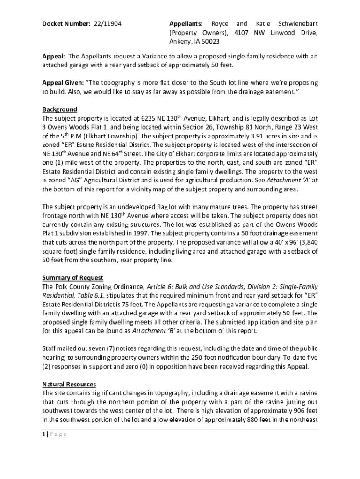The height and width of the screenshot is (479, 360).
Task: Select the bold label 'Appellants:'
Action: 186,23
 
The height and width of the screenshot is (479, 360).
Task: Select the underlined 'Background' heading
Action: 59,109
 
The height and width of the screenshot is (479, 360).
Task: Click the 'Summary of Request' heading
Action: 72,278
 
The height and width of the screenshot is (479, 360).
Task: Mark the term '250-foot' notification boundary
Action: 197,358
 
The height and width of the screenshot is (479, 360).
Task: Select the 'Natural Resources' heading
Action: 69,385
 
